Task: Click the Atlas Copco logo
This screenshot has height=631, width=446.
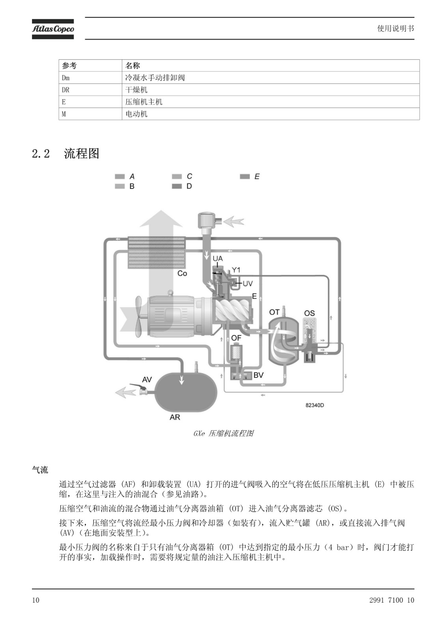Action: [53, 29]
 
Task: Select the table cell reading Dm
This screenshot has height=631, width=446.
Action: [90, 77]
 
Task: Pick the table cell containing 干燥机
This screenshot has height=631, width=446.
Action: [271, 90]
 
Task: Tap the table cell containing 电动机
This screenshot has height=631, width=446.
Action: [271, 114]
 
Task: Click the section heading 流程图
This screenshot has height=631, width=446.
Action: [81, 153]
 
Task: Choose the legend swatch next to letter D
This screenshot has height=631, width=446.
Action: [177, 186]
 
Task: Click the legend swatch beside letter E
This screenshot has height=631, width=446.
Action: [245, 177]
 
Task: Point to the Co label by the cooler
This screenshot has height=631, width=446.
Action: [182, 274]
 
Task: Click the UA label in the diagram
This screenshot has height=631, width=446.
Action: [218, 258]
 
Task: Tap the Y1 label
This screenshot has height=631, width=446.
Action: [236, 270]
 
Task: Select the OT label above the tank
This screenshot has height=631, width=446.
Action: [274, 312]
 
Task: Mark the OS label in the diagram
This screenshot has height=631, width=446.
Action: [309, 313]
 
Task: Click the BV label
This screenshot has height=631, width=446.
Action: [258, 375]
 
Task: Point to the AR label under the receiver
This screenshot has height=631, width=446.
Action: [175, 417]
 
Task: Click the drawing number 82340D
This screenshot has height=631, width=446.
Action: [315, 405]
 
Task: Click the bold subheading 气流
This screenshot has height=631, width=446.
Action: [40, 470]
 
